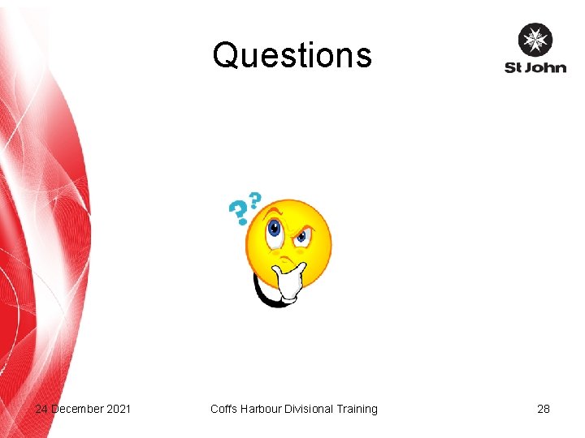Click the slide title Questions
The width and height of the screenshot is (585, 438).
[292, 56]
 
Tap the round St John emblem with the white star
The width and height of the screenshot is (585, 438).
[535, 40]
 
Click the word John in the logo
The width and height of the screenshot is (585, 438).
[546, 67]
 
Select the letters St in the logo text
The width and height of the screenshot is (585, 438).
[513, 67]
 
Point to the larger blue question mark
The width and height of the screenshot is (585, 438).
[238, 213]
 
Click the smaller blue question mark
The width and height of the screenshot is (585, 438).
[255, 200]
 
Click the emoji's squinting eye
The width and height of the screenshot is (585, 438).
[302, 237]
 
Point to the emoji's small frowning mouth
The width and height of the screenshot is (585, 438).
[285, 261]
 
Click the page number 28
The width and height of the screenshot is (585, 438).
[544, 409]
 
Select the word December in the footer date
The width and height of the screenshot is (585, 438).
[77, 409]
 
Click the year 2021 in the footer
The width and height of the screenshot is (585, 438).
[119, 409]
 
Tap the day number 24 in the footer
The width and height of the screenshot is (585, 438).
[41, 409]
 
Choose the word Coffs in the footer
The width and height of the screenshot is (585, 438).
[223, 409]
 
